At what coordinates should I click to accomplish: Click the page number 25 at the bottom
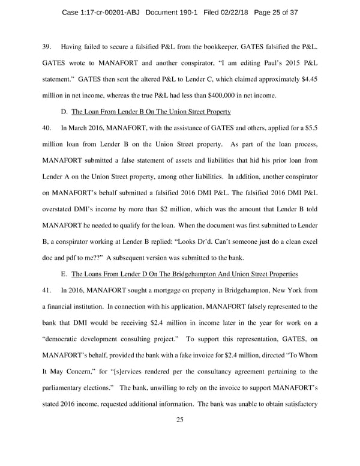(179, 420)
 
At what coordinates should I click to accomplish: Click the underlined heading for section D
(151, 112)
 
